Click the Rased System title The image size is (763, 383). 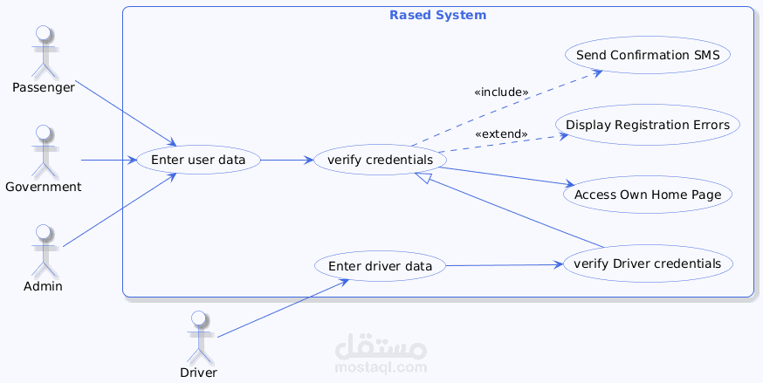click(437, 16)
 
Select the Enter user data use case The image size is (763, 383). click(198, 161)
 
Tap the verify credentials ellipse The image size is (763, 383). click(380, 161)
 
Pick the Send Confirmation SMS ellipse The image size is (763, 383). click(648, 55)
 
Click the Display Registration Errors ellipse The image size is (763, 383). click(647, 125)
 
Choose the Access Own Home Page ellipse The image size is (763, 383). click(648, 195)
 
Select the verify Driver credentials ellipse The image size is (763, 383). click(648, 263)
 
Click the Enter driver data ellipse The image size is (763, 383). click(380, 265)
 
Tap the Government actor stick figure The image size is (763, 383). click(42, 150)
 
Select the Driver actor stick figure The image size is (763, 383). click(199, 336)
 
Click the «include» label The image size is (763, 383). click(501, 92)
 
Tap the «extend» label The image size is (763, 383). click(501, 133)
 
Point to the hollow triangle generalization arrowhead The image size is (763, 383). click(423, 178)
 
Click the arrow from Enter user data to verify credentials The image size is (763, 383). click(286, 161)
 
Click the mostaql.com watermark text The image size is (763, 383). click(381, 366)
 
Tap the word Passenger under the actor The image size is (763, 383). click(44, 87)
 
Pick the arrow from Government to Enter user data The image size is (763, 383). click(108, 161)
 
